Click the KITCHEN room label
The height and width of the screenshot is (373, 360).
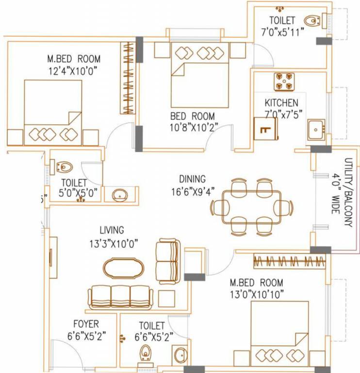tap(281, 103)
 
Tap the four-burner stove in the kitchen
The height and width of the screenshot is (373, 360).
tap(285, 82)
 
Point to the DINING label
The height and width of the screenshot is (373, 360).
tap(192, 179)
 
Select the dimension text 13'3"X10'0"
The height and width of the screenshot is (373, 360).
tap(112, 243)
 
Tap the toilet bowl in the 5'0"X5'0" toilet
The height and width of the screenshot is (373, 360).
tap(64, 168)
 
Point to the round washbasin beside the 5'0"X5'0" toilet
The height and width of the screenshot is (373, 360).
tap(119, 195)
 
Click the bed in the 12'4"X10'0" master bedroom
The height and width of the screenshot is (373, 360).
tap(53, 112)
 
